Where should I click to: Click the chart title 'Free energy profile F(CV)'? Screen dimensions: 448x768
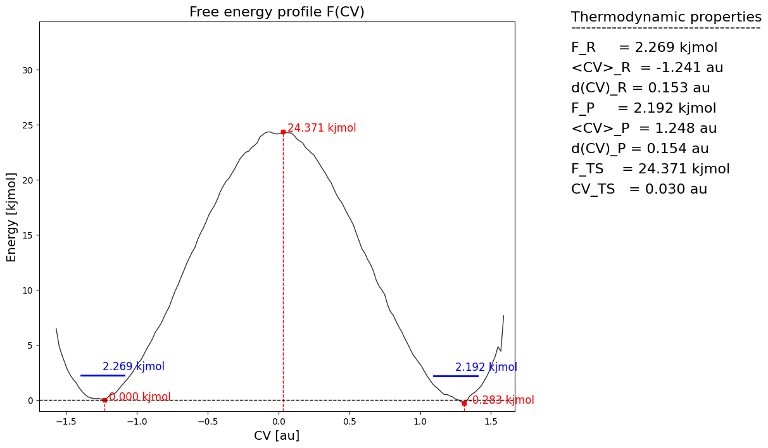[277, 12]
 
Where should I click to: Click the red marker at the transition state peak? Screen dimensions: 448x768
[283, 132]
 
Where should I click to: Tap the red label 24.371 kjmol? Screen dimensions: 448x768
[322, 128]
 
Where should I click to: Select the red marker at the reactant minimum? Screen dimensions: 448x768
[104, 400]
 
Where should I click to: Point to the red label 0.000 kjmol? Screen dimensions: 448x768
[139, 397]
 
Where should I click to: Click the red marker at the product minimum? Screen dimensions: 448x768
[464, 403]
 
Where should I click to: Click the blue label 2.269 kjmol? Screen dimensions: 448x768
[134, 366]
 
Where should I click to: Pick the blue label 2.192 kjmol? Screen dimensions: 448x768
[486, 367]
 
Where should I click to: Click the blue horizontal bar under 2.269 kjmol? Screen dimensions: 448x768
[103, 375]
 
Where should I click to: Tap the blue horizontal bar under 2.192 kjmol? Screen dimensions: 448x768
[455, 376]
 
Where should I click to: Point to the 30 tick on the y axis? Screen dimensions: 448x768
[28, 70]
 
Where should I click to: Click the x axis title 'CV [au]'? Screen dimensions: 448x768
[277, 435]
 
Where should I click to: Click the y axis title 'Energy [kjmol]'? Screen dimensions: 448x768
[12, 216]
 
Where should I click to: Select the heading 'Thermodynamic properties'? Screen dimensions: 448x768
[666, 17]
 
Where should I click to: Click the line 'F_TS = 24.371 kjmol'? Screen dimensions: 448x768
[650, 169]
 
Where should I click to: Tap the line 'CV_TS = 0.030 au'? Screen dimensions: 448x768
[639, 189]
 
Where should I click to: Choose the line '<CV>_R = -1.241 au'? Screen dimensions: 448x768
[647, 68]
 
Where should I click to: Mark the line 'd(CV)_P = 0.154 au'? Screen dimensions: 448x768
[639, 149]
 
